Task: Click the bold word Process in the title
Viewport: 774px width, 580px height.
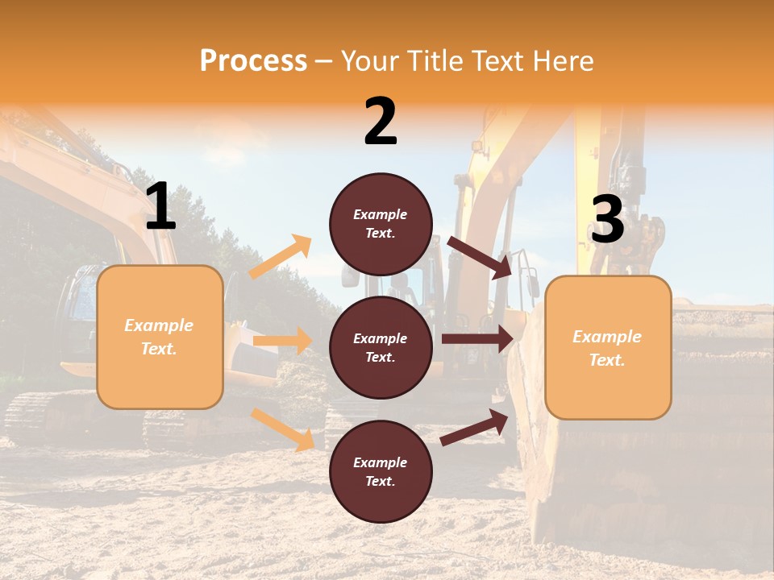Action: pos(253,61)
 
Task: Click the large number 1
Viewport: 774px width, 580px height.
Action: pos(160,207)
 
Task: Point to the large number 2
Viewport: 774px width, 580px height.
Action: pos(381,122)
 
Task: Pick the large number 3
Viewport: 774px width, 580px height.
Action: pos(607,221)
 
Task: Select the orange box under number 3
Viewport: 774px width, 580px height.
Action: pos(608,387)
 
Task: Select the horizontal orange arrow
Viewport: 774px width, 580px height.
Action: pos(282,341)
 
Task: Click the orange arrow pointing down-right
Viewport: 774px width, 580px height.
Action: pos(283,429)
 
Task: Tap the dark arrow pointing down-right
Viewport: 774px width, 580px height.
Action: pos(481,258)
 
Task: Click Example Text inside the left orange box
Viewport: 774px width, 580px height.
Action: pos(159,337)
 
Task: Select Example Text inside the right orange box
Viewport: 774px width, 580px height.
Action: pos(607,348)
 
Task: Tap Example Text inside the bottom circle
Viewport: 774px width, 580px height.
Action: pos(381,472)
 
